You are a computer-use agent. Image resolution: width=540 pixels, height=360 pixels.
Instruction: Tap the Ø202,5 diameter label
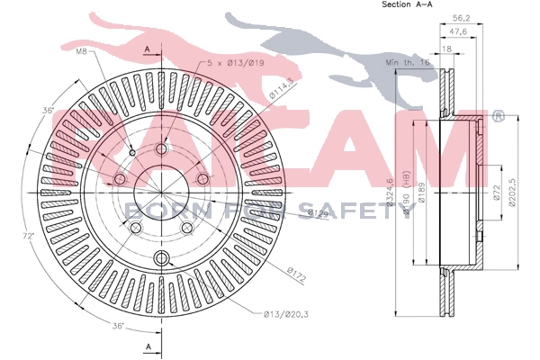tap(511, 192)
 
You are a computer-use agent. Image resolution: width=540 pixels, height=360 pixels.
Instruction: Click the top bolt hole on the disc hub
tap(162, 149)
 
